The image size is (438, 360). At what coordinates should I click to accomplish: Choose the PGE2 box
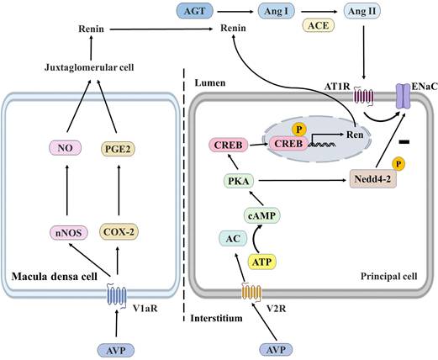(x=118, y=150)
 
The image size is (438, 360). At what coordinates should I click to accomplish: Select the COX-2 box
(x=119, y=230)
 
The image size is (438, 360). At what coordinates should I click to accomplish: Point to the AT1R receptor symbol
(x=340, y=99)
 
